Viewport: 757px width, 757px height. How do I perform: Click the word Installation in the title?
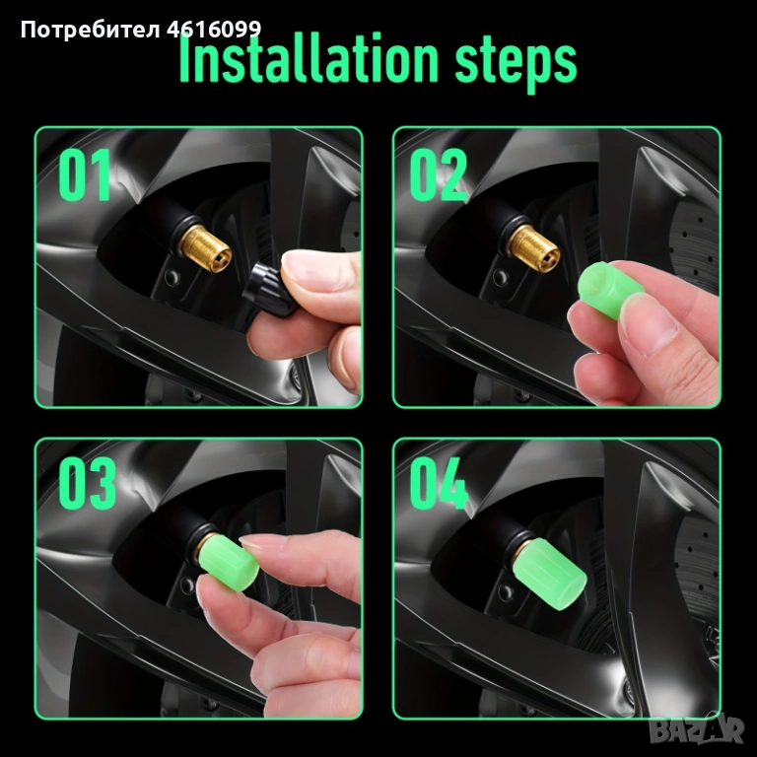pyautogui.click(x=309, y=59)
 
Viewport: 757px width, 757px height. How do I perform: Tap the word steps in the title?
pyautogui.click(x=516, y=64)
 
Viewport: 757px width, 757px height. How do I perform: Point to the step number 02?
pyautogui.click(x=438, y=174)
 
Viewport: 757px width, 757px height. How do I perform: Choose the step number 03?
pyautogui.click(x=88, y=483)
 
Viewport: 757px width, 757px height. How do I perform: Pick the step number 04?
pyautogui.click(x=439, y=483)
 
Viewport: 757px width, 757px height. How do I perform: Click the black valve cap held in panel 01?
pyautogui.click(x=267, y=290)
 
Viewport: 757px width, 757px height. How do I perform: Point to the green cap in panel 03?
pyautogui.click(x=228, y=562)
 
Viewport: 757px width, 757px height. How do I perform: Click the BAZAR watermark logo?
pyautogui.click(x=696, y=729)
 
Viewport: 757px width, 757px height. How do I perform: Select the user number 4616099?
pyautogui.click(x=214, y=30)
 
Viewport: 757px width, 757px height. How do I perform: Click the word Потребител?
pyautogui.click(x=90, y=31)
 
